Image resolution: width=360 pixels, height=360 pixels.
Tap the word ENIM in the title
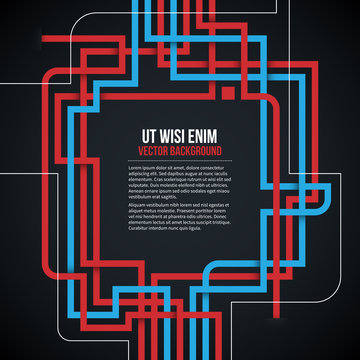coord(199,135)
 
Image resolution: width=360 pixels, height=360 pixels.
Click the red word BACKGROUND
coord(195,150)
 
